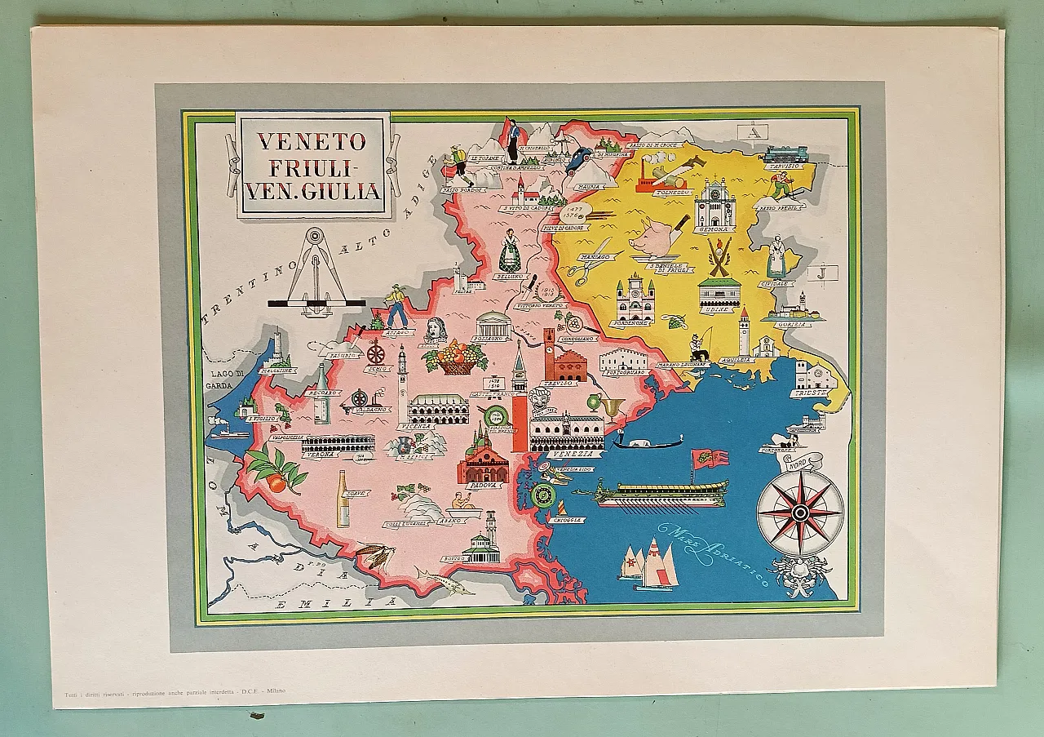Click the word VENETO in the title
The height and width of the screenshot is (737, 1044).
pyautogui.click(x=312, y=140)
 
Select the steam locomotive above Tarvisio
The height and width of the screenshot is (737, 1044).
pyautogui.click(x=785, y=154)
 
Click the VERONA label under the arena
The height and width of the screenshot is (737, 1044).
pyautogui.click(x=320, y=455)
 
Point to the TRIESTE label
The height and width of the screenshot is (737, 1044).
pyautogui.click(x=809, y=393)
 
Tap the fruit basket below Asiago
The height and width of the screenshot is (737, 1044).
pyautogui.click(x=456, y=359)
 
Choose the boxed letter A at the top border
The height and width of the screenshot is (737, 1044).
pyautogui.click(x=754, y=131)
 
